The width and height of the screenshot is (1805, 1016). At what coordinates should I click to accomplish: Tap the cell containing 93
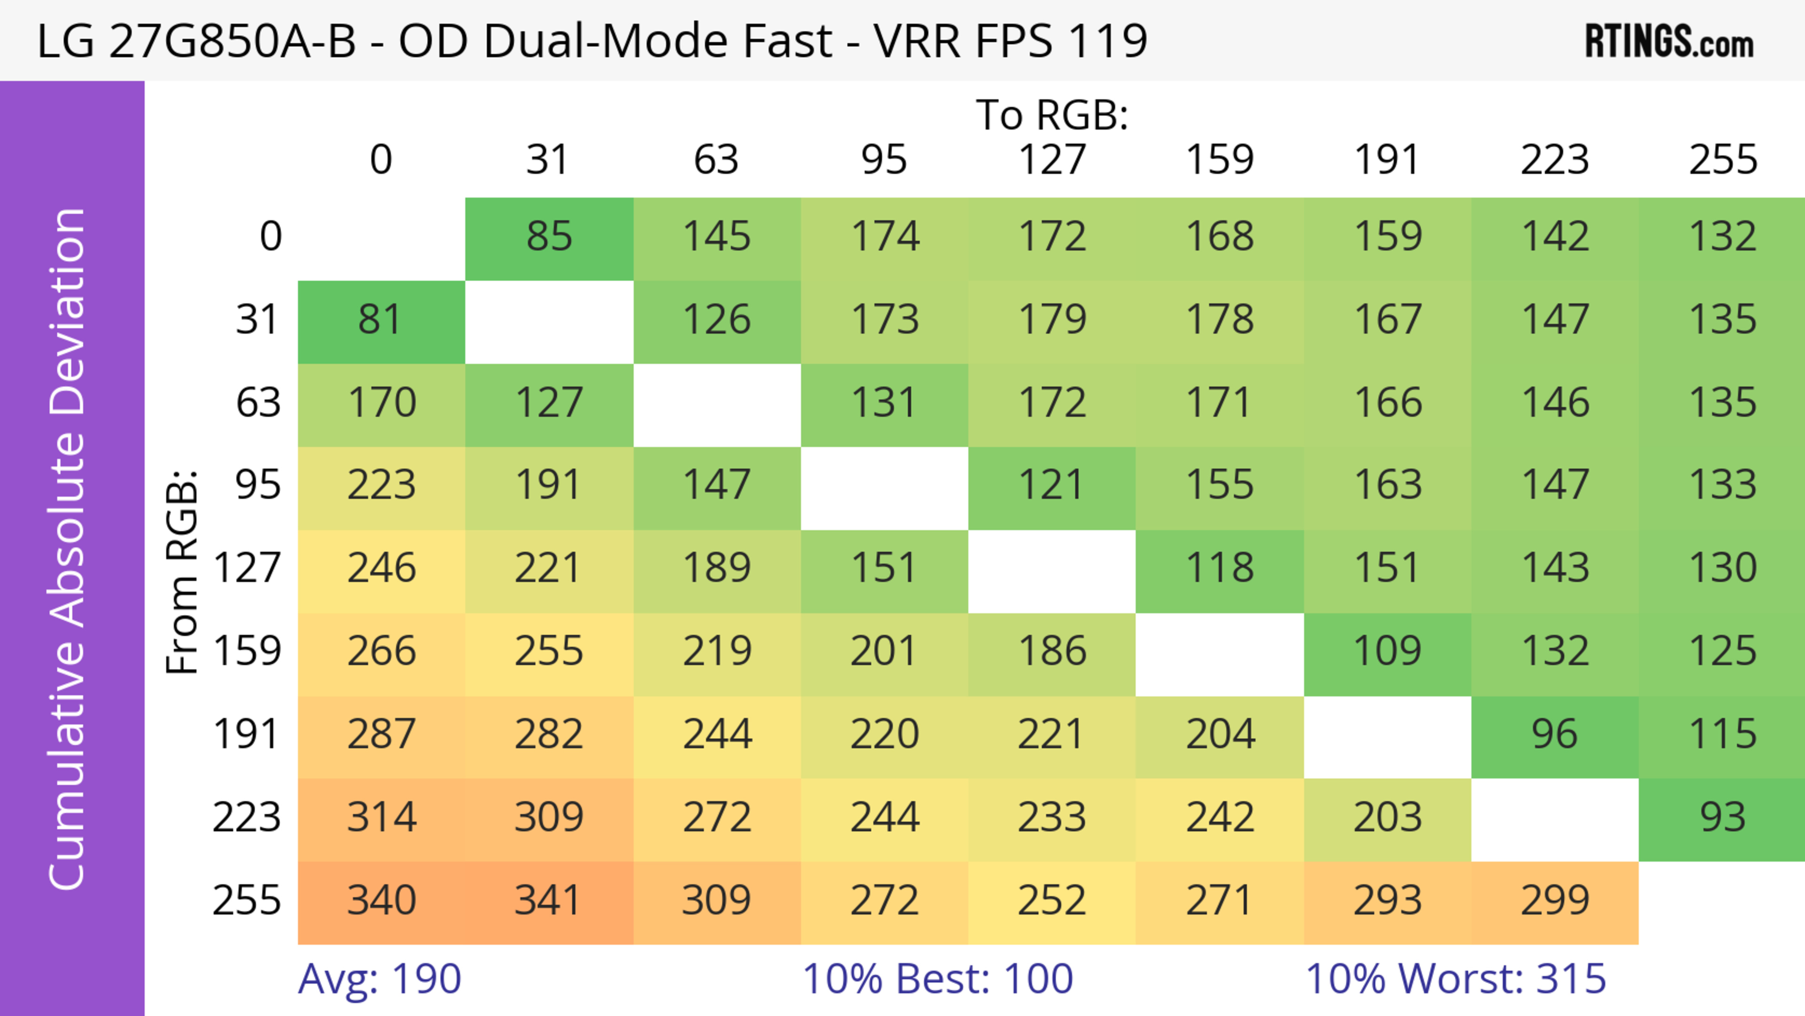[1722, 818]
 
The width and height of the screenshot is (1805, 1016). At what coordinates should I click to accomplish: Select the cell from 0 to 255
[1722, 237]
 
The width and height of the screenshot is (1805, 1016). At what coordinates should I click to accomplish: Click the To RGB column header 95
[884, 160]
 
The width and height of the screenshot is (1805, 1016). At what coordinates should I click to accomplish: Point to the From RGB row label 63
[258, 403]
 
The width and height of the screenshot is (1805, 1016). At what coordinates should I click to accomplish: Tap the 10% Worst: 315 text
[1455, 979]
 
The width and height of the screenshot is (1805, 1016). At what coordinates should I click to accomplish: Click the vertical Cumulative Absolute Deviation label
[68, 549]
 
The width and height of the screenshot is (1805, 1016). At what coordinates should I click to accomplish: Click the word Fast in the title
[787, 40]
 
